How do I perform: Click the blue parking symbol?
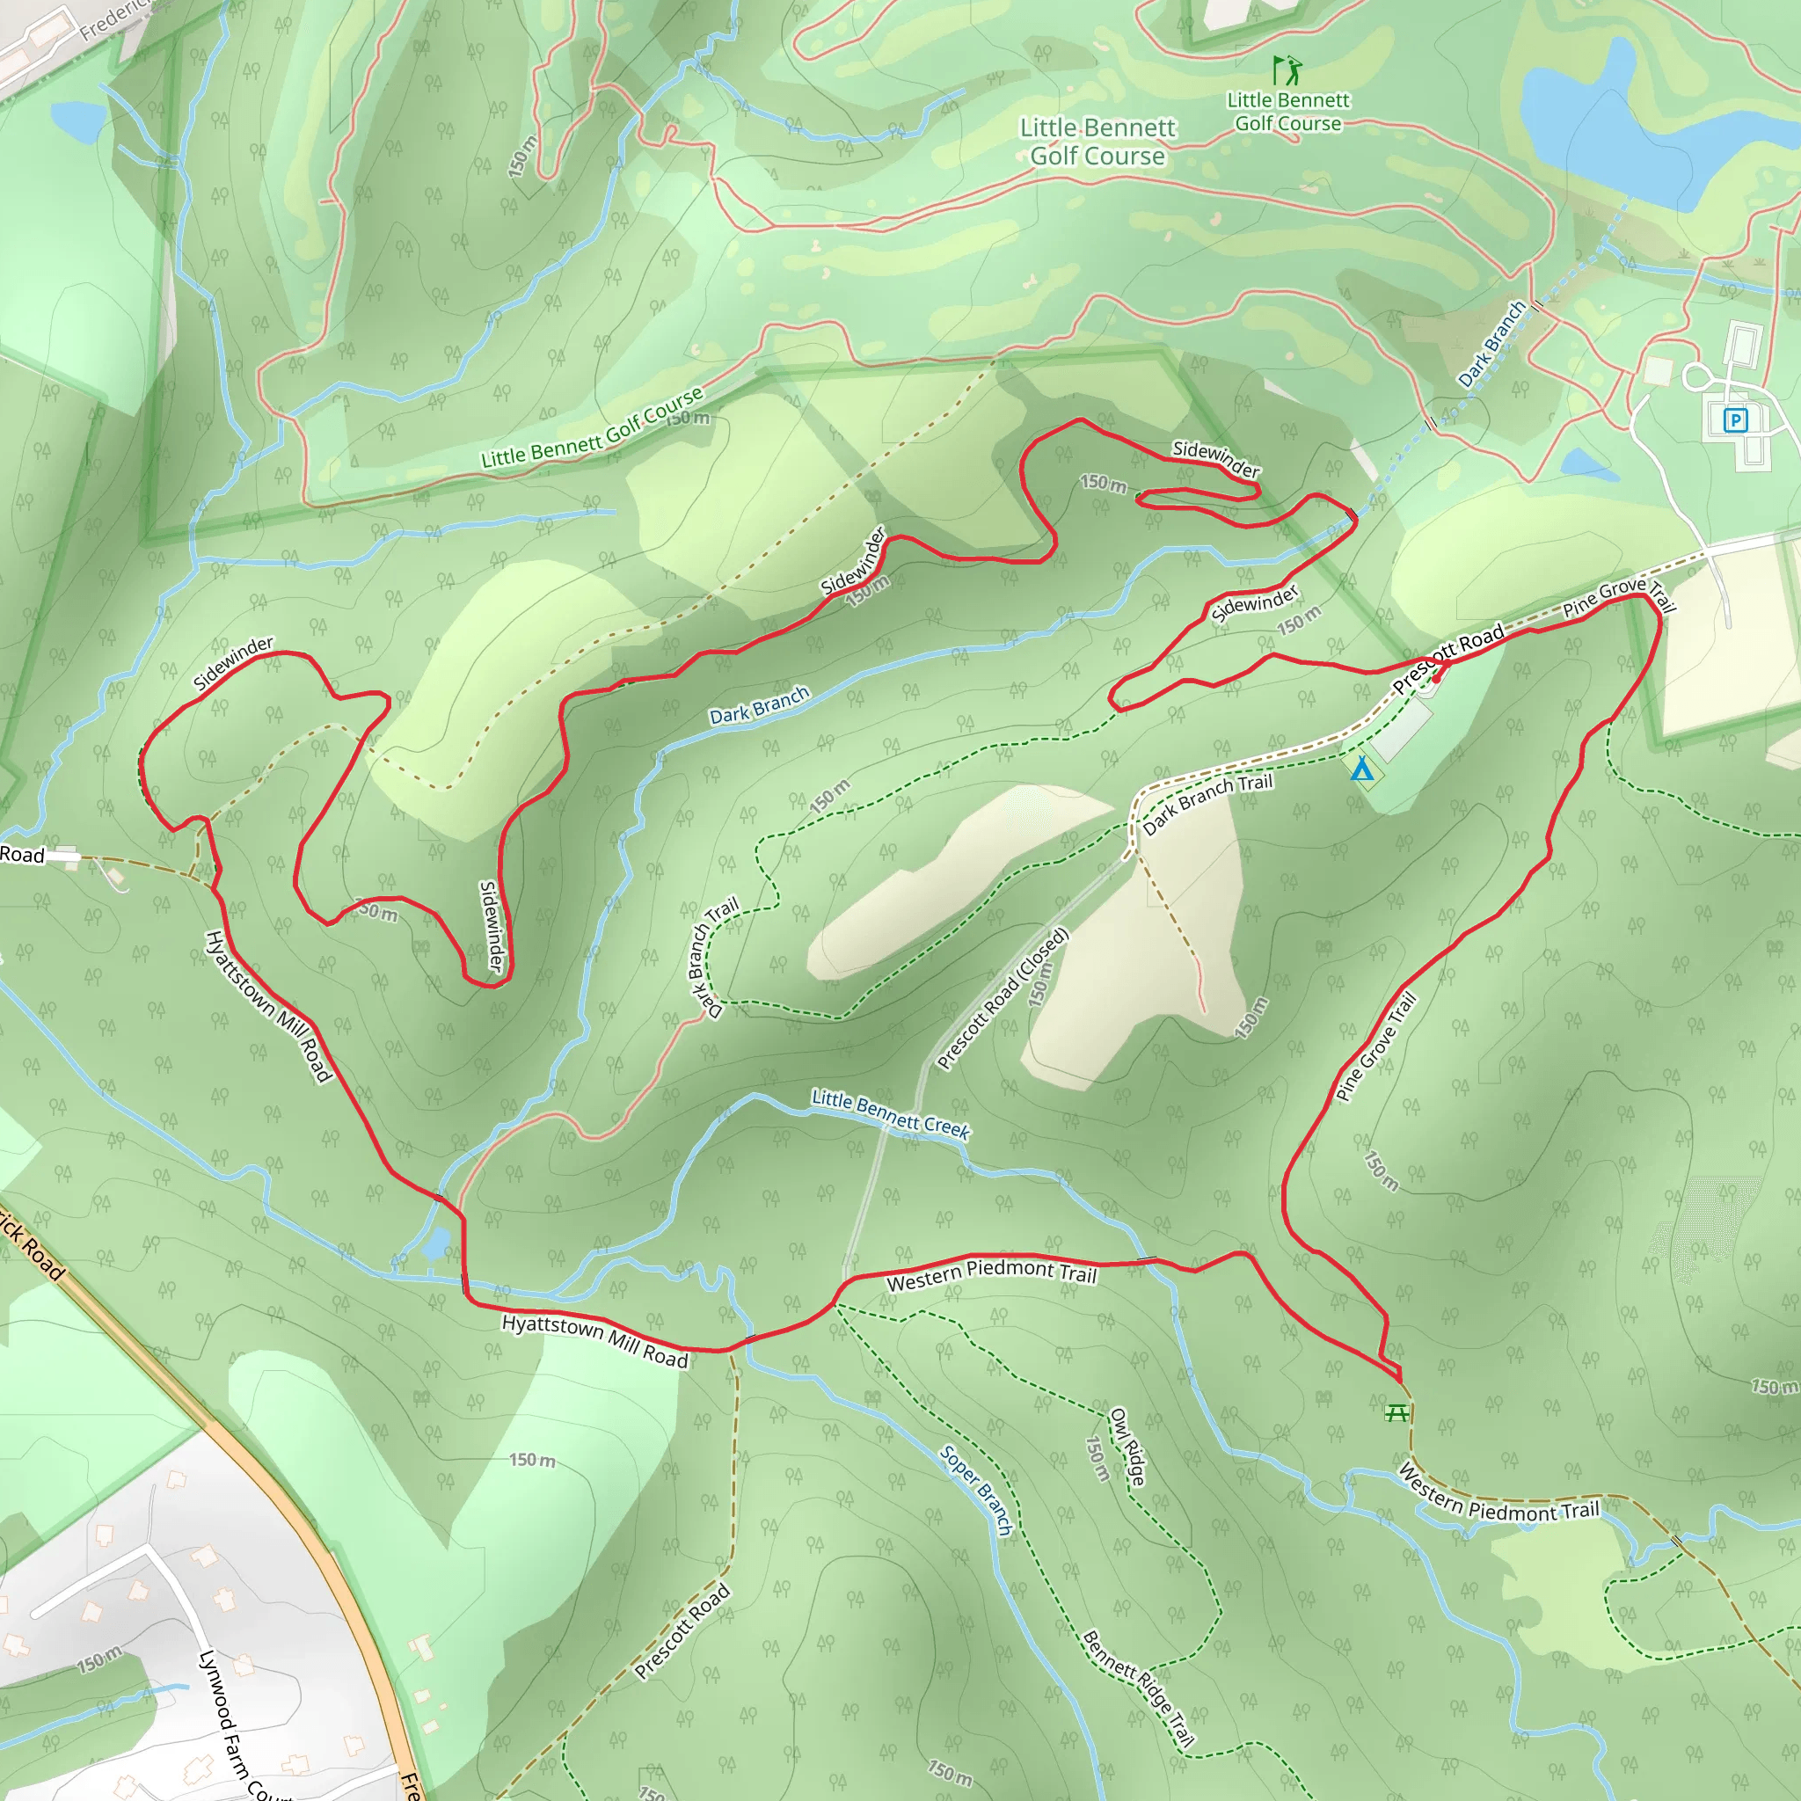pyautogui.click(x=1735, y=420)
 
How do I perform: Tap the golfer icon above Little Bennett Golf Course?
pyautogui.click(x=1287, y=70)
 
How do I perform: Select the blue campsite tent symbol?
pyautogui.click(x=1362, y=769)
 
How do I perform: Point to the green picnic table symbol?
pyautogui.click(x=1396, y=1413)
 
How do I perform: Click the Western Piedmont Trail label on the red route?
pyautogui.click(x=991, y=1274)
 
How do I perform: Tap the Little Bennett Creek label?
pyautogui.click(x=890, y=1113)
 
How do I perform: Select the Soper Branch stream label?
pyautogui.click(x=976, y=1490)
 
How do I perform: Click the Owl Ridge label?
pyautogui.click(x=1127, y=1447)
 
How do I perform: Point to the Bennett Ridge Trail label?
pyautogui.click(x=1137, y=1688)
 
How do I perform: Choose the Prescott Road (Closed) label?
pyautogui.click(x=1003, y=998)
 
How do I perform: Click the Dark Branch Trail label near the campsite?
pyautogui.click(x=1207, y=803)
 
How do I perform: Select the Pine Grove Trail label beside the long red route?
pyautogui.click(x=1376, y=1046)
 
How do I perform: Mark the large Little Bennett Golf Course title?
pyautogui.click(x=1097, y=142)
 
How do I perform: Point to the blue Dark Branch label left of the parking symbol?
pyautogui.click(x=1491, y=343)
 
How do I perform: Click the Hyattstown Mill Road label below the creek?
pyautogui.click(x=594, y=1340)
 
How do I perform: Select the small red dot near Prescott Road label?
pyautogui.click(x=1435, y=679)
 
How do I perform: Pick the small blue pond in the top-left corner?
pyautogui.click(x=78, y=120)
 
